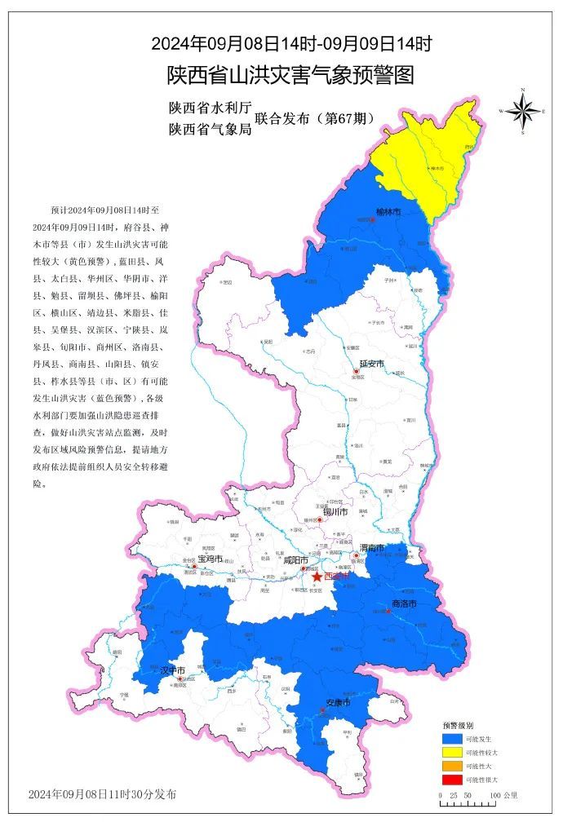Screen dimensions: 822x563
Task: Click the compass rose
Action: point(523,110)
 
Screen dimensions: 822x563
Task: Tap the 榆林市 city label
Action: point(388,212)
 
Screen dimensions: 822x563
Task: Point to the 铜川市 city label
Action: point(335,512)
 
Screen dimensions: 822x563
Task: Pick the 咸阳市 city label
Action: point(295,560)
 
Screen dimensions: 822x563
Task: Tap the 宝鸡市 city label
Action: point(211,559)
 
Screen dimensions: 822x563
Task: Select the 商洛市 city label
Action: point(404,604)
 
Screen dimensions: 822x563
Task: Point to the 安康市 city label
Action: point(338,702)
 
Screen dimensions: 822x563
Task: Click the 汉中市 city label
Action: point(173,670)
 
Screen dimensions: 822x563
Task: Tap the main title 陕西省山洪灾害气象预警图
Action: point(290,75)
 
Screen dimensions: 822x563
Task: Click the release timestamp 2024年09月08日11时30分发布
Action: point(101,793)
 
